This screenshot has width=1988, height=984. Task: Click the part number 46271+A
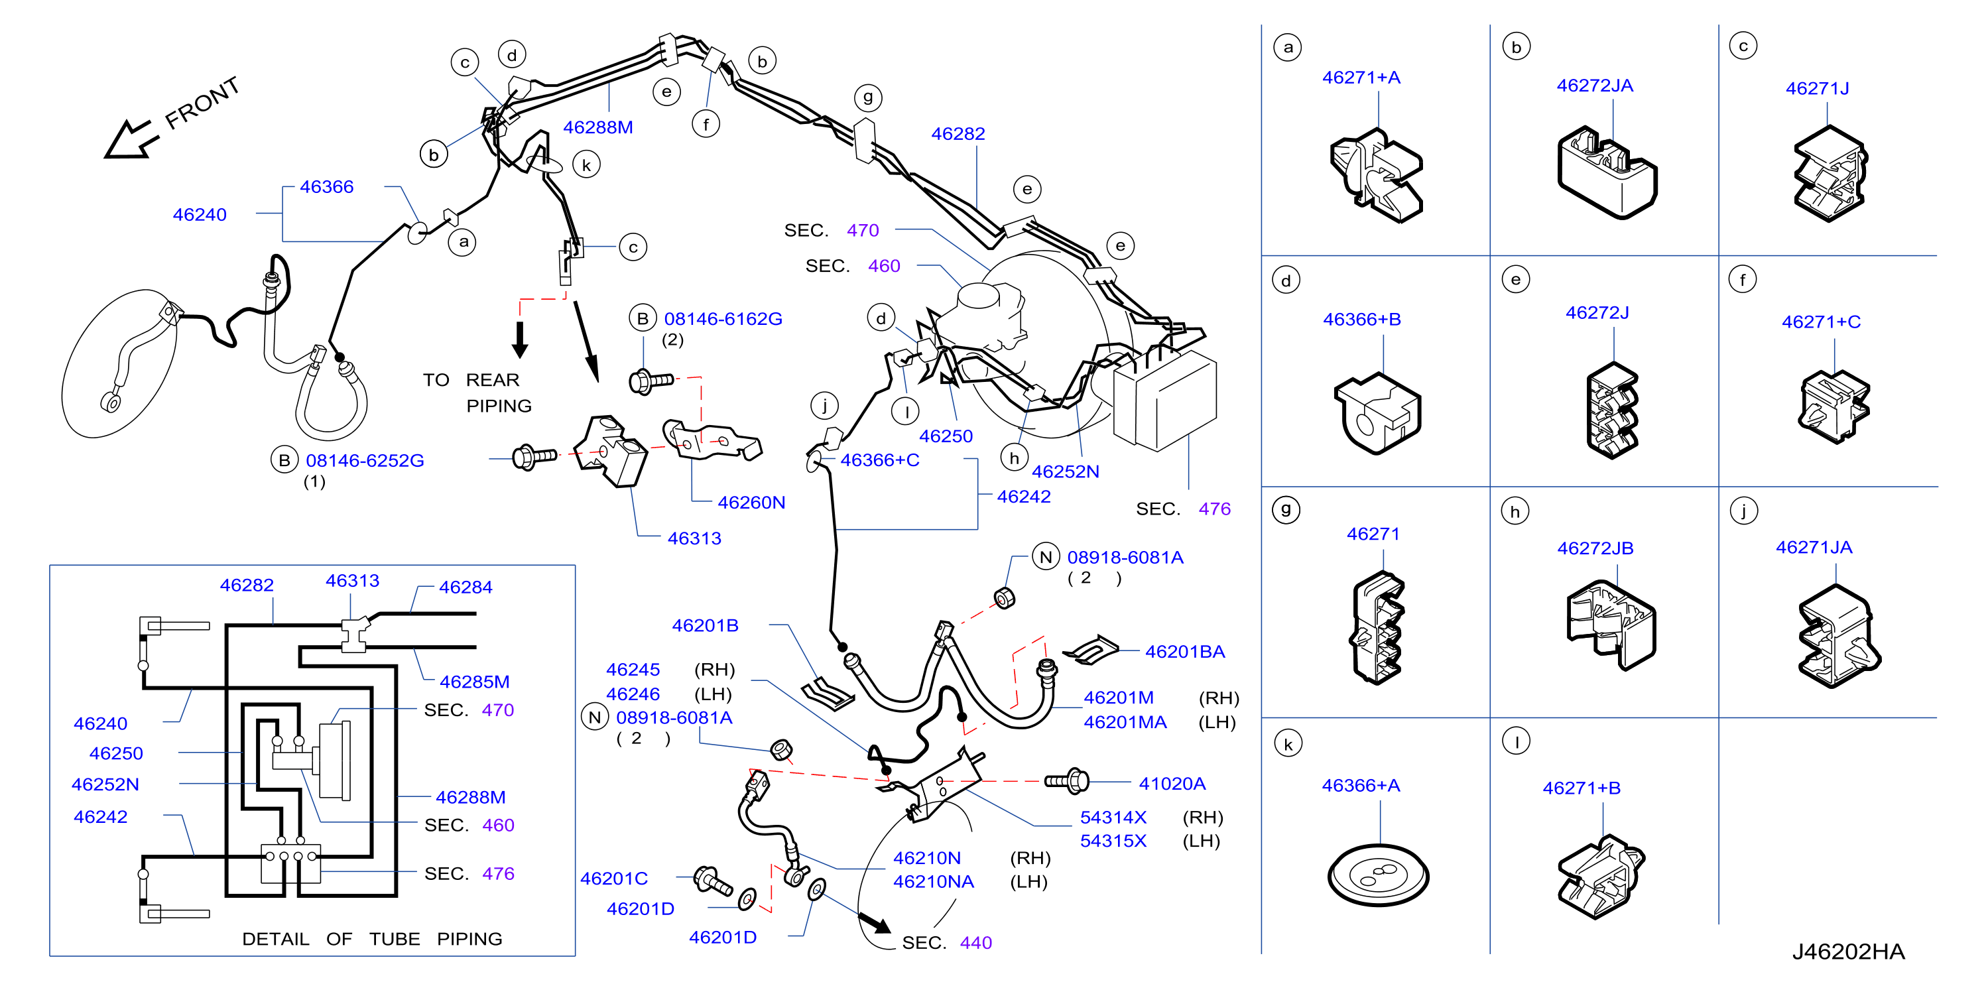tap(1361, 77)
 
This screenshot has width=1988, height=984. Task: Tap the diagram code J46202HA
tap(1848, 952)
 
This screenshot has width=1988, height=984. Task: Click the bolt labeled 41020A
tap(1066, 781)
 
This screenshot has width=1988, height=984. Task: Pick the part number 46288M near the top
tap(598, 127)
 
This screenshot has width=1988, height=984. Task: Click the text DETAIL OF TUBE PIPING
tap(372, 938)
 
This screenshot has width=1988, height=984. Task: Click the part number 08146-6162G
tap(723, 319)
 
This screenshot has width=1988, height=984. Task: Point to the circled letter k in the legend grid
tap(1288, 744)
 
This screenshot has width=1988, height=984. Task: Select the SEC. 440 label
tap(947, 942)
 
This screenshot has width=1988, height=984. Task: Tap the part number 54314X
tap(1113, 818)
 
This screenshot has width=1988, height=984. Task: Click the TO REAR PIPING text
tap(477, 392)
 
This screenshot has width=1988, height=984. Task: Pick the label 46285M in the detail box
tap(475, 682)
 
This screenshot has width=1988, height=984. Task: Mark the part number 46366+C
tap(880, 460)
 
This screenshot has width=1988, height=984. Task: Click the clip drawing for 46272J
tap(1612, 410)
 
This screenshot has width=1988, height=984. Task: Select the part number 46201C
tap(613, 879)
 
